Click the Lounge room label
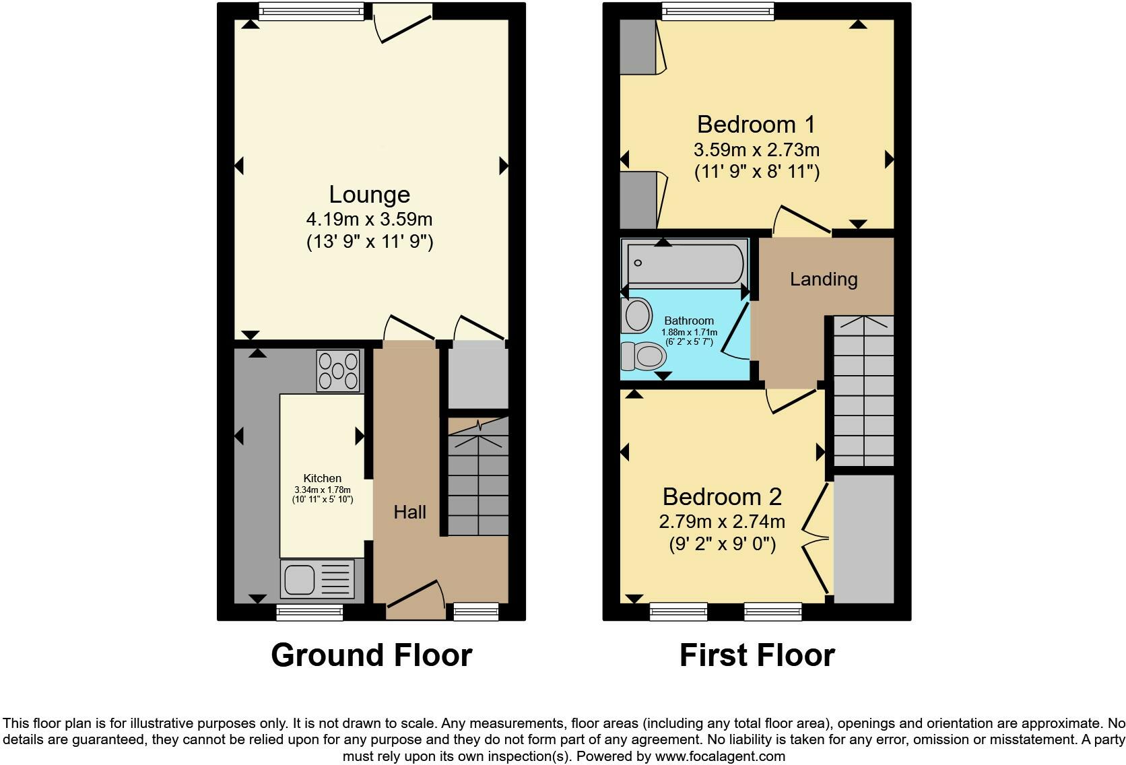(x=370, y=195)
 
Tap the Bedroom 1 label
(x=756, y=124)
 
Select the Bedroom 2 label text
(x=722, y=496)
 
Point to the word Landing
(x=824, y=279)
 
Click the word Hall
(x=409, y=512)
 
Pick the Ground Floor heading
(x=372, y=655)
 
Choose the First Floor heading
(x=757, y=655)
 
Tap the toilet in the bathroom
(x=643, y=356)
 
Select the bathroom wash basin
(x=636, y=316)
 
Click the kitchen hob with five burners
(x=338, y=371)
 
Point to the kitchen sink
(x=317, y=579)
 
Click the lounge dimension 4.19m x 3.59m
(x=370, y=219)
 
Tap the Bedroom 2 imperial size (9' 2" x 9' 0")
(x=723, y=544)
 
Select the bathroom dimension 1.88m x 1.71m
(x=689, y=332)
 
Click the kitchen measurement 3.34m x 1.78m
(x=323, y=490)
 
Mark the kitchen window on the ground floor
(x=310, y=612)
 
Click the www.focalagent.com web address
(x=720, y=756)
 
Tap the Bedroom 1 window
(x=718, y=11)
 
